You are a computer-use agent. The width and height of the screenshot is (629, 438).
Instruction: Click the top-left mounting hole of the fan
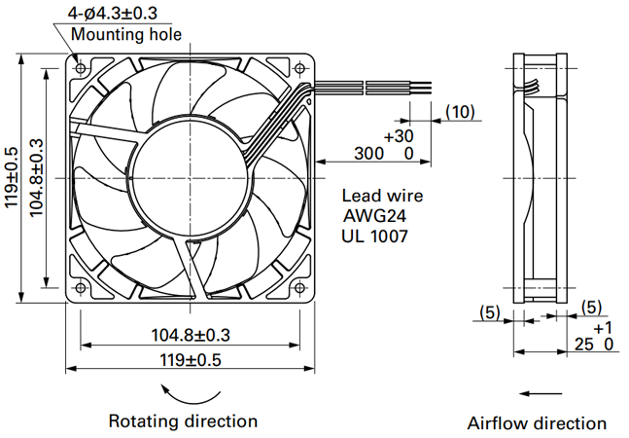pos(81,68)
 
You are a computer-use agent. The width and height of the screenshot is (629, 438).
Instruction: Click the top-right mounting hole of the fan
pos(299,68)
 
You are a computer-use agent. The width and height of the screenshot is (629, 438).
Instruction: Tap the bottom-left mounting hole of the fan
pos(81,287)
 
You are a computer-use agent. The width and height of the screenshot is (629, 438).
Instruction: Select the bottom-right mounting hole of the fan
pos(299,287)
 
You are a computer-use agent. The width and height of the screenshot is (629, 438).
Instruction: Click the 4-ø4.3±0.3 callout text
pos(113,14)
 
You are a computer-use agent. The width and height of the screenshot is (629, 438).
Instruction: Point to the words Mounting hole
pos(126,34)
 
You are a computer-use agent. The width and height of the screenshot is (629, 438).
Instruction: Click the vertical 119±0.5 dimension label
pos(12,177)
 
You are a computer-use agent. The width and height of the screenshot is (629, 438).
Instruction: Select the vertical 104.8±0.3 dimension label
pos(37,177)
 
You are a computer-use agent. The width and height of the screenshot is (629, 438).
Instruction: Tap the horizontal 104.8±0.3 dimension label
pos(191,335)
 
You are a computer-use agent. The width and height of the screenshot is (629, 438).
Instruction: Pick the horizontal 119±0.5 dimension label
pos(191,360)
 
